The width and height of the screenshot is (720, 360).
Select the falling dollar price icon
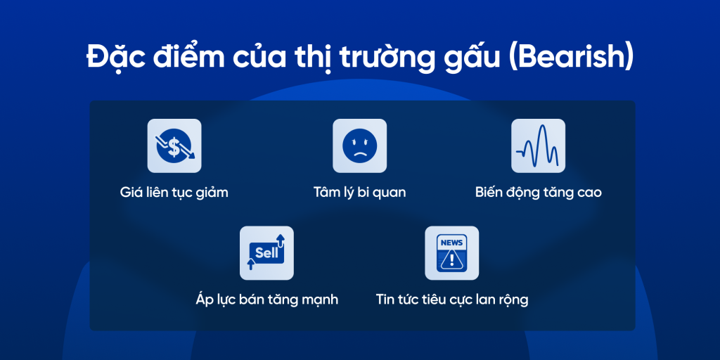click(174, 146)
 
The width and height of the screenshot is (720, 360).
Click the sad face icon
click(359, 146)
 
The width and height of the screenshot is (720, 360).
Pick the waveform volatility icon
click(538, 146)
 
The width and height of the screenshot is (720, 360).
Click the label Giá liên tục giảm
click(174, 192)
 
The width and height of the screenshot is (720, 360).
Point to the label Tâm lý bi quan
click(359, 192)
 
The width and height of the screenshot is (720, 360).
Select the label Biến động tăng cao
click(538, 192)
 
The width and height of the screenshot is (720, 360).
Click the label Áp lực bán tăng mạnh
click(266, 300)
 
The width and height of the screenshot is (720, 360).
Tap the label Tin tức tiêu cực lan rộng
click(451, 300)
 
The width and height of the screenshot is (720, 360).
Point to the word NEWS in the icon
click(451, 243)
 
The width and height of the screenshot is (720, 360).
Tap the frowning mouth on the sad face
click(359, 152)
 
